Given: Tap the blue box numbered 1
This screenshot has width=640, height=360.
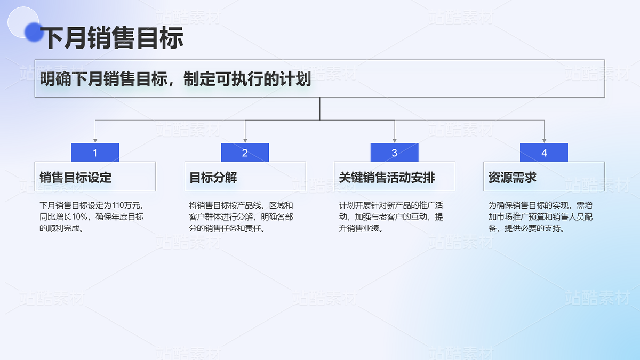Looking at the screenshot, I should tap(95, 153).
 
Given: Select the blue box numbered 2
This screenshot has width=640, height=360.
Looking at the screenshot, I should tap(245, 153).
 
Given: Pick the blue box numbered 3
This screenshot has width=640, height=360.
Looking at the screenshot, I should tap(395, 153).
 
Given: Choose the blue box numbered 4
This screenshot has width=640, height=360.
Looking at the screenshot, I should tap(544, 153).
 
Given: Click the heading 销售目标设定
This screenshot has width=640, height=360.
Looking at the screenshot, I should tap(76, 177).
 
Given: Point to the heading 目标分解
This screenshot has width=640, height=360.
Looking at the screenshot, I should tap(213, 177).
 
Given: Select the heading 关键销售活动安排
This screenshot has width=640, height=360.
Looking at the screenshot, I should tap(387, 177).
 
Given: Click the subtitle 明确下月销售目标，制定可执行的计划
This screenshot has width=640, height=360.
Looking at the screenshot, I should tap(175, 79).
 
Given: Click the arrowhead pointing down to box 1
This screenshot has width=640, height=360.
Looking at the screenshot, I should tap(95, 140).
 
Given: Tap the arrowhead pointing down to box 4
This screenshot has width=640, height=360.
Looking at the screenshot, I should tap(544, 140).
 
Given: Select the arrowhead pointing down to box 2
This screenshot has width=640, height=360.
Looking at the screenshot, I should tap(245, 140).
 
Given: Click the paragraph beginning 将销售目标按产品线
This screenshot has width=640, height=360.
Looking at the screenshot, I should tap(241, 217).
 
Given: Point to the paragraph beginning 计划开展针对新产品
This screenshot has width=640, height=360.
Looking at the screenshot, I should tap(391, 217).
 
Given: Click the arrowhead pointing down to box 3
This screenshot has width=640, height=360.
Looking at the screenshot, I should tap(395, 140).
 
